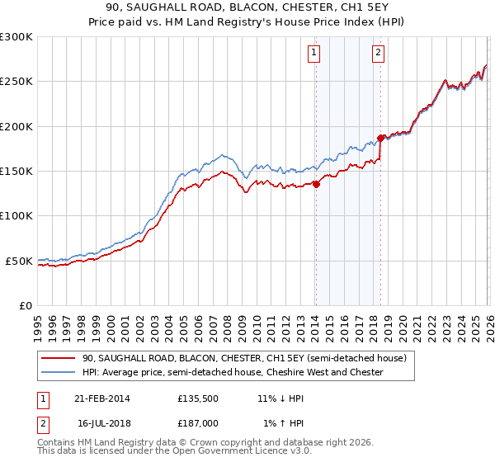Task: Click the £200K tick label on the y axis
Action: (16, 126)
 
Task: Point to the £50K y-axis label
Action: (19, 261)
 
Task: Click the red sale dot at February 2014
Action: (316, 184)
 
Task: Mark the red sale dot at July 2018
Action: (380, 138)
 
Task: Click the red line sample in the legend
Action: (58, 359)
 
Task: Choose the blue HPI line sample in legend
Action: (58, 373)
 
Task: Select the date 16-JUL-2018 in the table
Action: (104, 422)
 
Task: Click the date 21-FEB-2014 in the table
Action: (104, 398)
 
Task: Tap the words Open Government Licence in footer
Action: (235, 453)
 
